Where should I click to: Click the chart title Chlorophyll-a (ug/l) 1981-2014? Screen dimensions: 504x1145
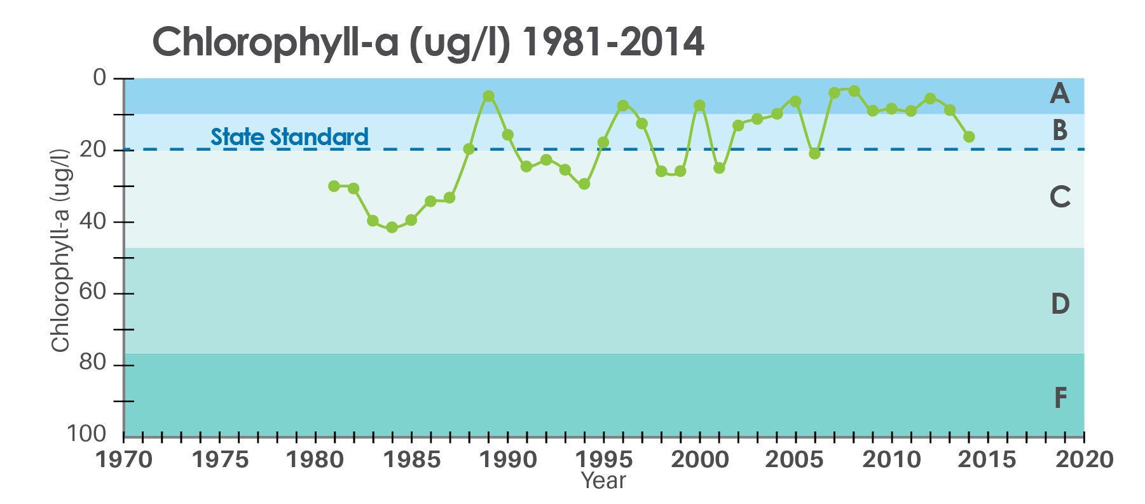[428, 43]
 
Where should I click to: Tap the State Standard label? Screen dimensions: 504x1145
[289, 136]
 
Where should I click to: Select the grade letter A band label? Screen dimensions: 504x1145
[1059, 94]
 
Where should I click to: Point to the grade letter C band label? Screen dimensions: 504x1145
[1060, 197]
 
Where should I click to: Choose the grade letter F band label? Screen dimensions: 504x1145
[1060, 398]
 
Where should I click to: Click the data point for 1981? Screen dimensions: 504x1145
[334, 186]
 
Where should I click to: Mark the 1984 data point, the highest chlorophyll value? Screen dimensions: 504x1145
[392, 227]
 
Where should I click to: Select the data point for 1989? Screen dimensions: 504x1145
[488, 96]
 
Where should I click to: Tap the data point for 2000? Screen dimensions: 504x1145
[699, 105]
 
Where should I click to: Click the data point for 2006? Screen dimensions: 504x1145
[814, 153]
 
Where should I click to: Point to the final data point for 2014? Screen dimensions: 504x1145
[969, 137]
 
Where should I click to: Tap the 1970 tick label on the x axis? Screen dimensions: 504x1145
[123, 459]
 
